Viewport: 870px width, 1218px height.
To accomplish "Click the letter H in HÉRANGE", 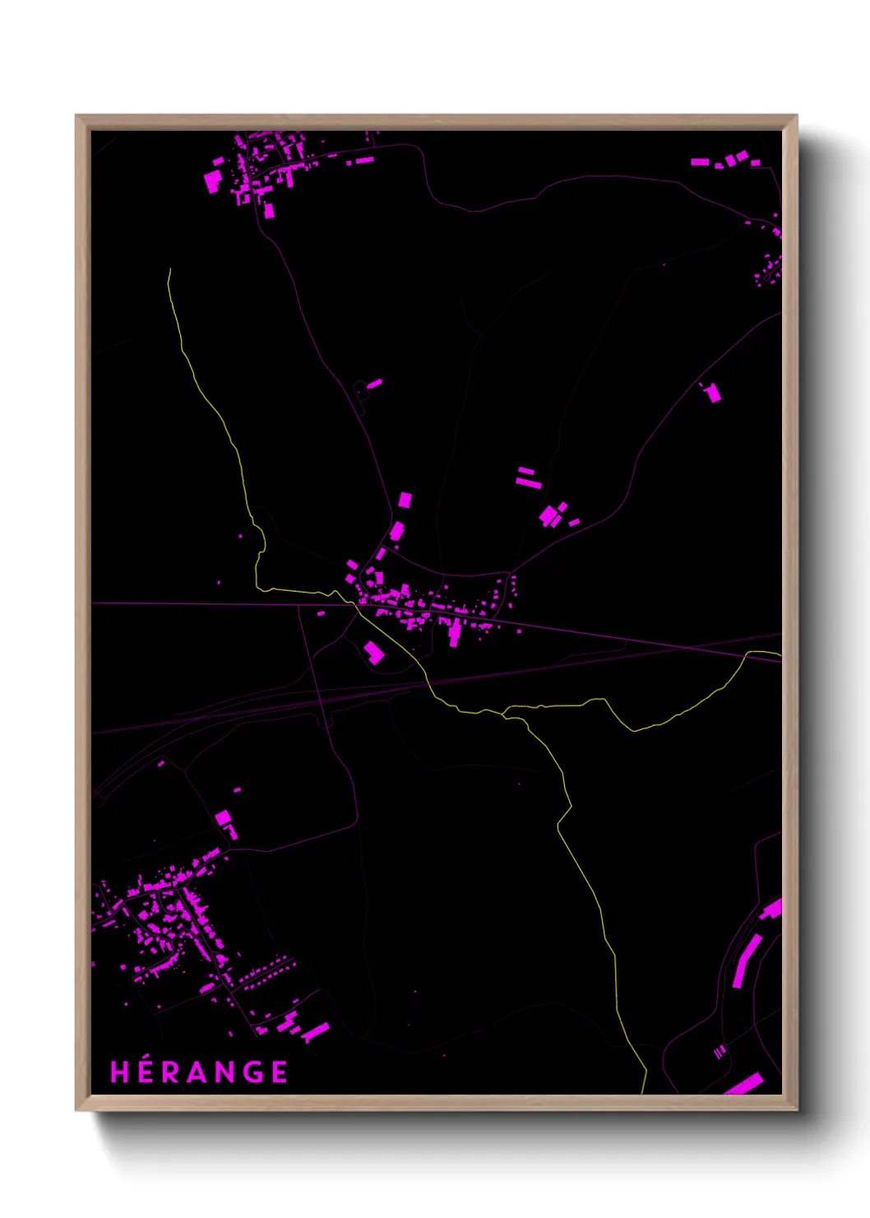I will pos(120,1072).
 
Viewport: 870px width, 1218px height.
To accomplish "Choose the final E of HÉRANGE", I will pos(280,1072).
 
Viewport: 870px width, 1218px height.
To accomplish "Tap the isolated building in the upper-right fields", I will pos(713,393).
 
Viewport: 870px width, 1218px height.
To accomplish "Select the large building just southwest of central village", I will pos(374,653).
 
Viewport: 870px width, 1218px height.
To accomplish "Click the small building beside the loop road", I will pos(374,383).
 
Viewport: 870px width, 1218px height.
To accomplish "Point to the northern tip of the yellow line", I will pos(169,270).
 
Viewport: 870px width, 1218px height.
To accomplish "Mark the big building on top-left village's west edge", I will pos(213,179).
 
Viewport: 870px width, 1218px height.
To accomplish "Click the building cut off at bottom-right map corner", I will pos(744,1085).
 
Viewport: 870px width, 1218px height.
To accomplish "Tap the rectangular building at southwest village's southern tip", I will pos(315,1032).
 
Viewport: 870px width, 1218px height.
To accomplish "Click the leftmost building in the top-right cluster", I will pos(700,162).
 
